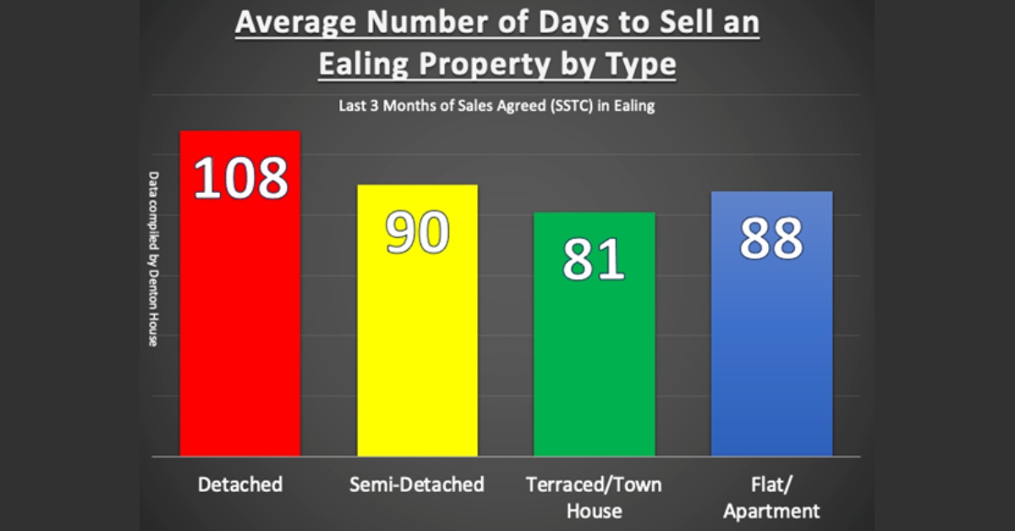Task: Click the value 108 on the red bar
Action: (241, 178)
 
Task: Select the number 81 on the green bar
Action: (594, 260)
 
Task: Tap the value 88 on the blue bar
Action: (771, 239)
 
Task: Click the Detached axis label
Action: (240, 484)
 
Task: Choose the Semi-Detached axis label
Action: (417, 484)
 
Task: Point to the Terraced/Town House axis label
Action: (594, 497)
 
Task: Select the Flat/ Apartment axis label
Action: (771, 497)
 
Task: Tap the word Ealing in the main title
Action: (359, 65)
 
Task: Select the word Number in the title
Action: (418, 23)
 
